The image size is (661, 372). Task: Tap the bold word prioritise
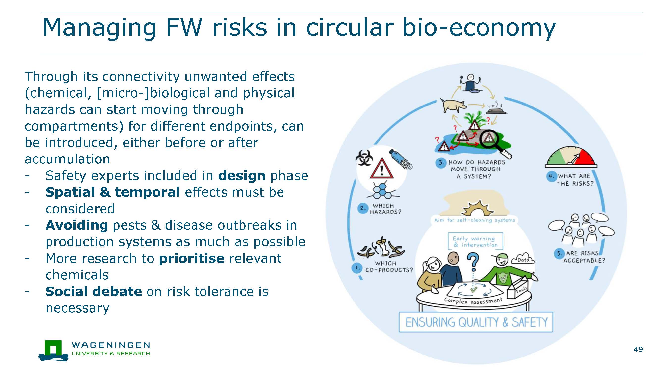coord(192,259)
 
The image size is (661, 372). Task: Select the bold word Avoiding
coord(76,226)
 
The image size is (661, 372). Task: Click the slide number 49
coord(638,349)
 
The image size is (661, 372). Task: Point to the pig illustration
coord(453,105)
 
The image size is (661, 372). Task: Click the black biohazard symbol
coord(364,157)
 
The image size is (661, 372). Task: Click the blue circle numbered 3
coord(441,163)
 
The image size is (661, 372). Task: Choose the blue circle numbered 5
coord(559,254)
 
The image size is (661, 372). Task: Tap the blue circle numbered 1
coord(357,268)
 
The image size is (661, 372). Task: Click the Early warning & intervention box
coord(475,241)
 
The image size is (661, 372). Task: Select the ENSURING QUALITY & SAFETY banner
coord(476,322)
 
